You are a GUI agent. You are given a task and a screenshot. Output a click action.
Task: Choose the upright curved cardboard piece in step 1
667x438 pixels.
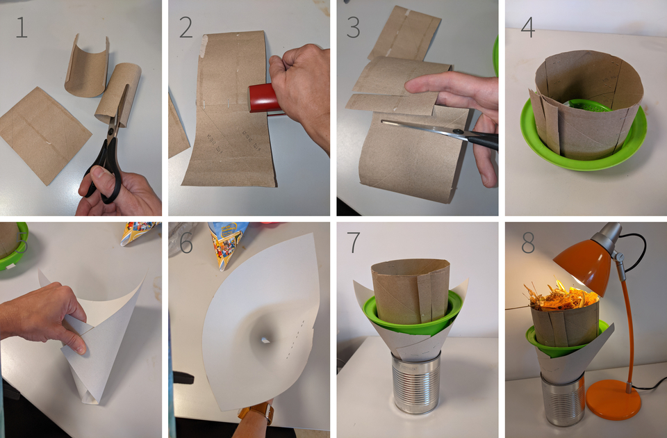[x=86, y=65]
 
